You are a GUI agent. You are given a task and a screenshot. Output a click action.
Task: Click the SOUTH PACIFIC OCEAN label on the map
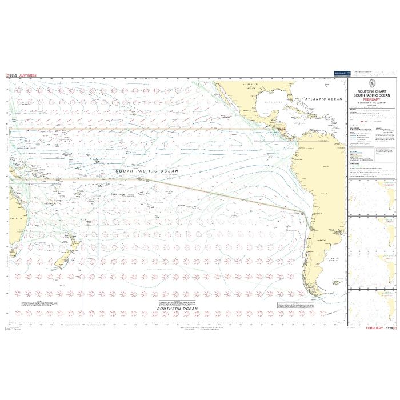(147, 171)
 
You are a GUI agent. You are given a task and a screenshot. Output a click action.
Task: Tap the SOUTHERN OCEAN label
(178, 309)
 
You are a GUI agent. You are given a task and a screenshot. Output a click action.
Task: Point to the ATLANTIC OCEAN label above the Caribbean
(323, 99)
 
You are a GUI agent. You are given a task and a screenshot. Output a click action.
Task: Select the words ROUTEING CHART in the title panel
(371, 90)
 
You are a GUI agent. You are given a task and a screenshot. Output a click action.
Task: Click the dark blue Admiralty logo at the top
(341, 73)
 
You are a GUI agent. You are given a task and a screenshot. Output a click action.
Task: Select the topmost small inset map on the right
(371, 197)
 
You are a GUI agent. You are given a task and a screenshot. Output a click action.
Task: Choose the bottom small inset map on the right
(371, 309)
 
